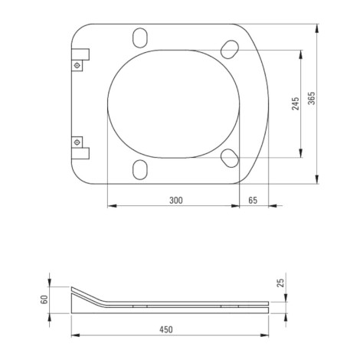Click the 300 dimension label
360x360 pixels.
pyautogui.click(x=176, y=201)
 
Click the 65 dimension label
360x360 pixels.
pyautogui.click(x=253, y=201)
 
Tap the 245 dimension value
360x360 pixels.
pyautogui.click(x=296, y=103)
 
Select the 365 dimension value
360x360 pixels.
pyautogui.click(x=312, y=98)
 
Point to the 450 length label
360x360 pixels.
pyautogui.click(x=166, y=329)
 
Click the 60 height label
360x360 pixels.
pyautogui.click(x=44, y=299)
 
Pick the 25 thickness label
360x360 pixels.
pyautogui.click(x=280, y=283)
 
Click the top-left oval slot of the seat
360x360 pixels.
pyautogui.click(x=140, y=38)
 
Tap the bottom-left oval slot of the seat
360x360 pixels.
pyautogui.click(x=140, y=169)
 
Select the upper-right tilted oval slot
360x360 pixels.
pyautogui.click(x=230, y=49)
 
